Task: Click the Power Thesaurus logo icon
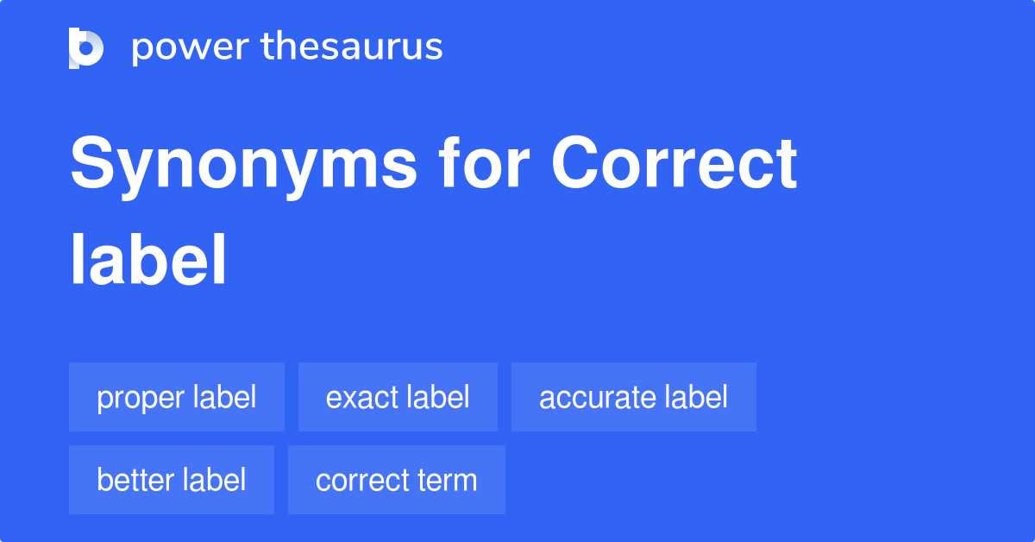coord(86,47)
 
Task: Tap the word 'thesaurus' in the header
coord(353,47)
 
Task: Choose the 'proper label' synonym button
coord(177,397)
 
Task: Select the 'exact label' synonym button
coord(398,397)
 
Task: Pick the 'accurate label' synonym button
coord(634,397)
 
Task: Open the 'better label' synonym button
coord(172,480)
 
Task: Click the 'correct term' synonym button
coord(397,480)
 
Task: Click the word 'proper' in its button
coord(140,398)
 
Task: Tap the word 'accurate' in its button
coord(597,397)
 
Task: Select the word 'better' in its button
coord(135,480)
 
